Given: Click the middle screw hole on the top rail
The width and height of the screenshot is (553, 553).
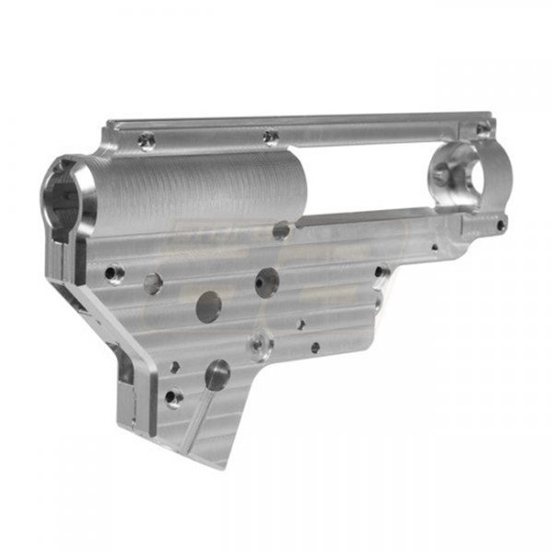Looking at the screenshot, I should tap(269, 136).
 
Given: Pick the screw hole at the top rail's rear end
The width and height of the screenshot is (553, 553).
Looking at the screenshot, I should tap(481, 130).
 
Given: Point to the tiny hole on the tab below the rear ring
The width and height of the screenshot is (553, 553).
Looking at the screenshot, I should tap(500, 222).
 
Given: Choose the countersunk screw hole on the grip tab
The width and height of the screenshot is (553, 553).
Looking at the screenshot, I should tap(173, 397).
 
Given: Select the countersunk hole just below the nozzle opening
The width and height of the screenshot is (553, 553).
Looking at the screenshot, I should tap(114, 273).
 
